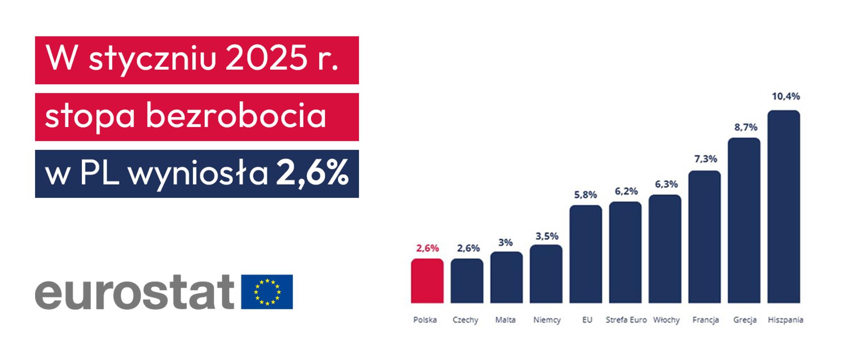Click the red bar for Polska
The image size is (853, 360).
coord(427,281)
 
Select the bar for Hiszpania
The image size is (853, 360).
coord(784,207)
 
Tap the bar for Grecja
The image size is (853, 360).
coord(744,220)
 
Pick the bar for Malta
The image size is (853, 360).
coord(506,277)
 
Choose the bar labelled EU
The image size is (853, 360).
coord(586,254)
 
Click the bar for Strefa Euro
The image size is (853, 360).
coord(625,252)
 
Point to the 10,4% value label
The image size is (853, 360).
coord(785,96)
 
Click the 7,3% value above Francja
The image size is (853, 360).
coord(706,159)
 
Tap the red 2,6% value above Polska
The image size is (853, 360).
coord(427,248)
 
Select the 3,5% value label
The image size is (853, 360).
coord(546,236)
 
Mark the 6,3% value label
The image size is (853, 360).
coord(666,184)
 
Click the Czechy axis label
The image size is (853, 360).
coord(465,320)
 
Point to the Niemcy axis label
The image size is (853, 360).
coord(547,320)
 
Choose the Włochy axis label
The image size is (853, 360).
coord(666,320)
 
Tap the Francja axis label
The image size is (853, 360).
coord(706,320)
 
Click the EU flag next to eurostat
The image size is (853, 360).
coord(267,292)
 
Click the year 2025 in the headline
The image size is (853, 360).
coord(266,60)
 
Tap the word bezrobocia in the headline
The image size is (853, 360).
coord(236,116)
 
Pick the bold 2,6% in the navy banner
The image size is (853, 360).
coord(312,173)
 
